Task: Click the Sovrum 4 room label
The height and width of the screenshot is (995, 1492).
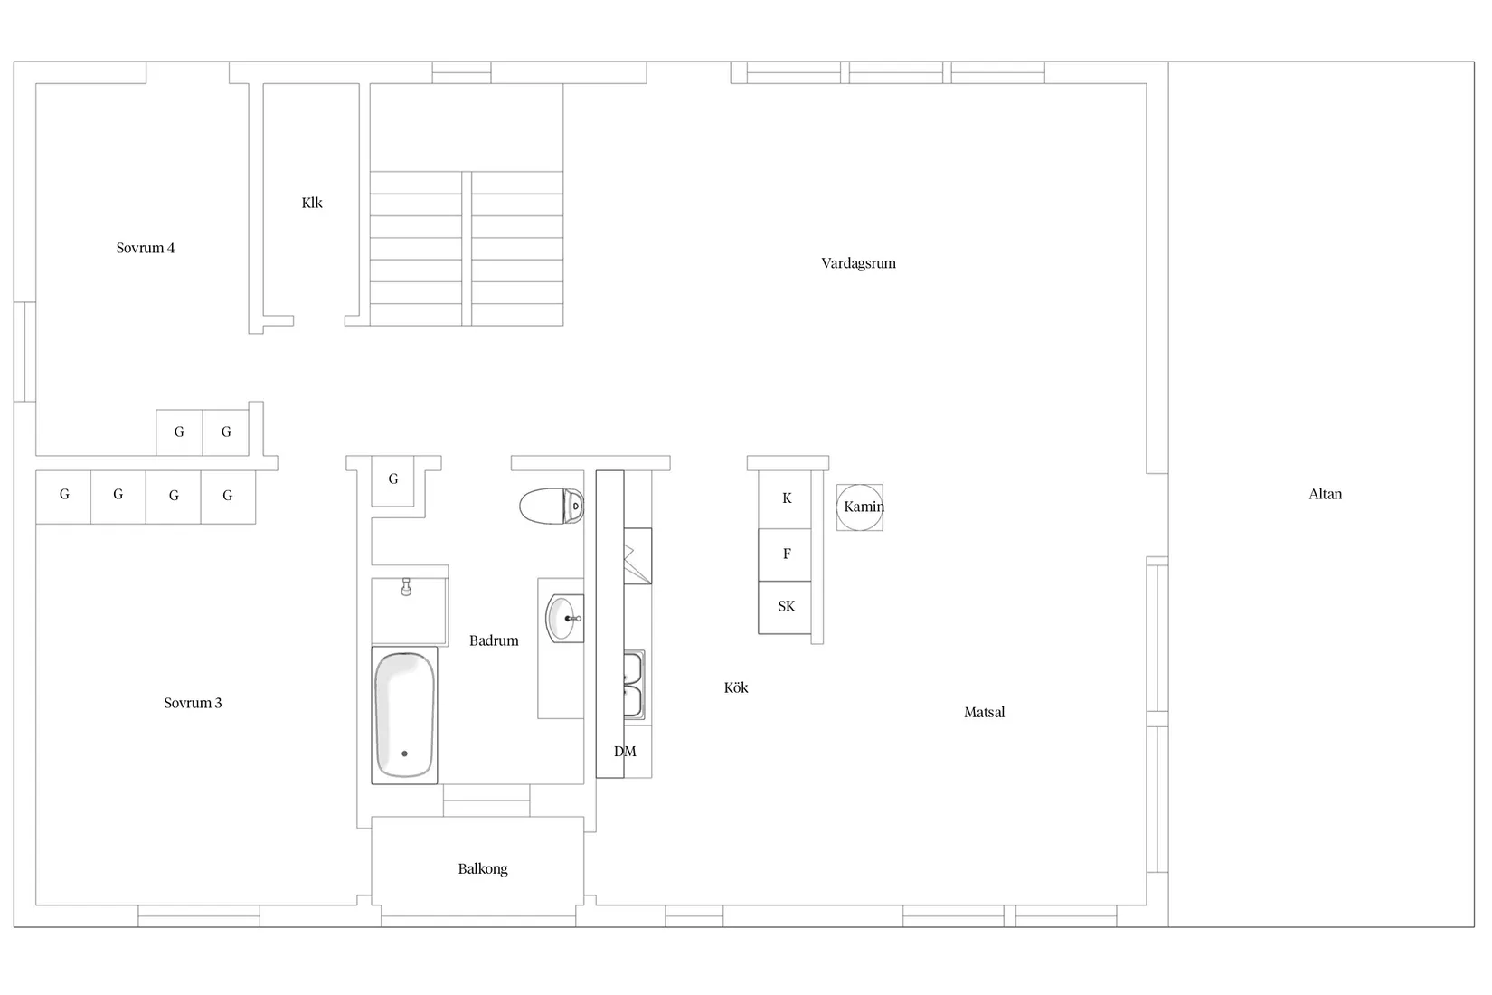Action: (x=145, y=248)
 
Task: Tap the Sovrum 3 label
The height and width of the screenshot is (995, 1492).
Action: (x=193, y=703)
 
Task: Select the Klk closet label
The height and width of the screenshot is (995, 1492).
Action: (x=312, y=203)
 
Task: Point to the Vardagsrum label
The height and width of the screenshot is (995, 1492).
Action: (x=858, y=263)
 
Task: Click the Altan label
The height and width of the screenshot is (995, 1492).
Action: (x=1325, y=494)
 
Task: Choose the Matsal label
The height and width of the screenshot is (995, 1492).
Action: (x=984, y=712)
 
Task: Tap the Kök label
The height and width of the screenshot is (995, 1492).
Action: (x=736, y=687)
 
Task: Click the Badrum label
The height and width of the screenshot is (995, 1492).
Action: (x=494, y=640)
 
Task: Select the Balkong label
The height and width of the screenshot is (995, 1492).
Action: (x=483, y=869)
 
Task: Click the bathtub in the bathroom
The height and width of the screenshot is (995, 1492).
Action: (x=404, y=715)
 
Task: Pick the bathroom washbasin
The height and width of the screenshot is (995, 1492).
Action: (x=564, y=619)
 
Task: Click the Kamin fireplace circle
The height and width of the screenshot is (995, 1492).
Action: (x=859, y=507)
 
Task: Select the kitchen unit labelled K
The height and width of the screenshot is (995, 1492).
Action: (x=786, y=498)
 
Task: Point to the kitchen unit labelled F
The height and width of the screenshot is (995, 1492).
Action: (x=786, y=554)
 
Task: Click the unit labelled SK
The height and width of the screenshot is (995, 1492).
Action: (x=786, y=606)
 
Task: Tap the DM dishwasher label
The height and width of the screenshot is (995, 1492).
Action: (x=625, y=752)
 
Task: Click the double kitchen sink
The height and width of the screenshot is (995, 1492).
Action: (x=634, y=685)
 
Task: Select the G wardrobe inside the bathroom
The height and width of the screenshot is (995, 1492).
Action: (x=393, y=479)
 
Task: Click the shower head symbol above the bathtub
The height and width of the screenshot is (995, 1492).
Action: (x=407, y=588)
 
